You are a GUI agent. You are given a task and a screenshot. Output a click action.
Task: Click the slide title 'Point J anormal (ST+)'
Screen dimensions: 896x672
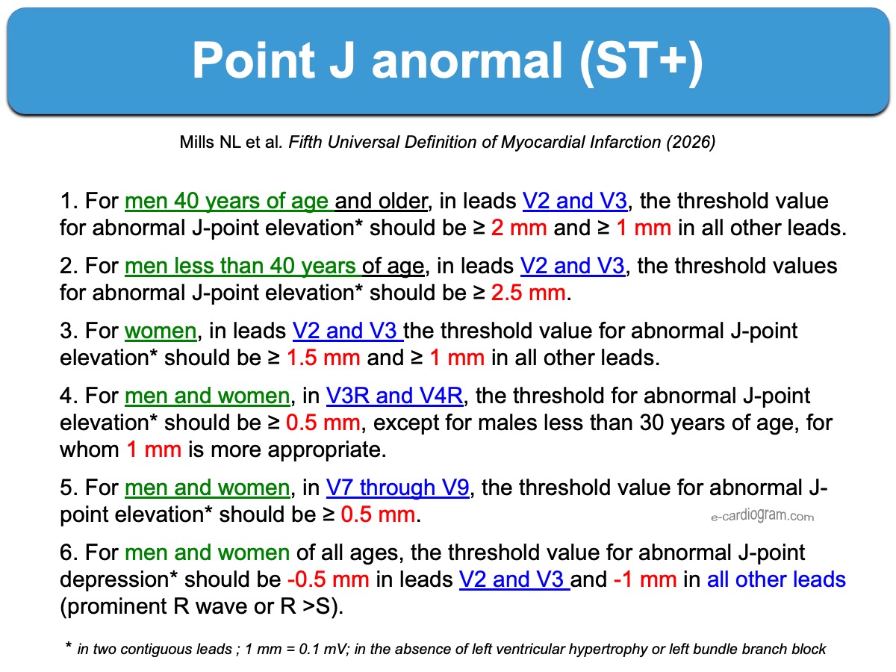pos(447,61)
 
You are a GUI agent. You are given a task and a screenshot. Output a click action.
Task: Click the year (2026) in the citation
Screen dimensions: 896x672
pos(691,142)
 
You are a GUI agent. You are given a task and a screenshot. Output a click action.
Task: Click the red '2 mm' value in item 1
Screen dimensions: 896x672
pos(519,228)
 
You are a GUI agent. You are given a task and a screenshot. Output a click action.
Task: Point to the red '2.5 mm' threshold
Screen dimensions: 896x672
pos(528,293)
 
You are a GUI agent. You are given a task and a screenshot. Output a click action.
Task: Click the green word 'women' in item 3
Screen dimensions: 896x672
pos(161,331)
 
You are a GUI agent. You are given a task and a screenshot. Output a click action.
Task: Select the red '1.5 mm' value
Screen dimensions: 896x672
pos(323,358)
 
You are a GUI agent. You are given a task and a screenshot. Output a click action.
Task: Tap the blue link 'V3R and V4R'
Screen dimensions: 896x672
pos(394,396)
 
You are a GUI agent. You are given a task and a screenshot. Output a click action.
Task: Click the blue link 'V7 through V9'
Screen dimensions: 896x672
pos(397,488)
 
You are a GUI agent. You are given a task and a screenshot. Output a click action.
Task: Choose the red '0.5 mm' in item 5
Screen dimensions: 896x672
pos(378,514)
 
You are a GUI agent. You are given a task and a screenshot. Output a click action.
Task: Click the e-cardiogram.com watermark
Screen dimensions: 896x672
pos(762,516)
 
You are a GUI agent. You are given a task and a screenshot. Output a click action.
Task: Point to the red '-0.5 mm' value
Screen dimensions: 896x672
pos(329,579)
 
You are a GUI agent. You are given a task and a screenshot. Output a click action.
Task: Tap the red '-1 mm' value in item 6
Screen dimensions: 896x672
pos(645,579)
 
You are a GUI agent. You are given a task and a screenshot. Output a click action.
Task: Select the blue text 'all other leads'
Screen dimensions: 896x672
pos(776,579)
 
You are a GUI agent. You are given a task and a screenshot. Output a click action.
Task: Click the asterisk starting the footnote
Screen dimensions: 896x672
pos(68,646)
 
